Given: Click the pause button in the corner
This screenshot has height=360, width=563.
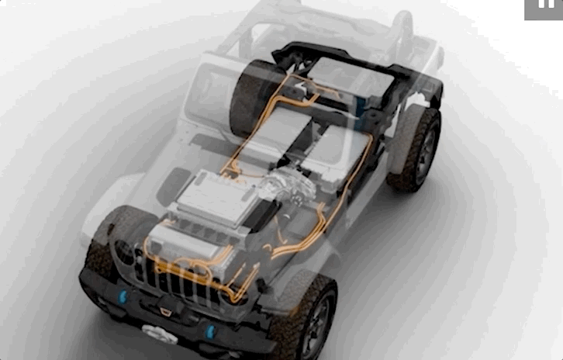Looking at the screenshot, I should point(544,9).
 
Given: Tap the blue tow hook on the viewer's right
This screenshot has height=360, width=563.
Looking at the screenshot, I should point(209,332).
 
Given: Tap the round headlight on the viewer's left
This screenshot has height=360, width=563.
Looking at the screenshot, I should point(129,252).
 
